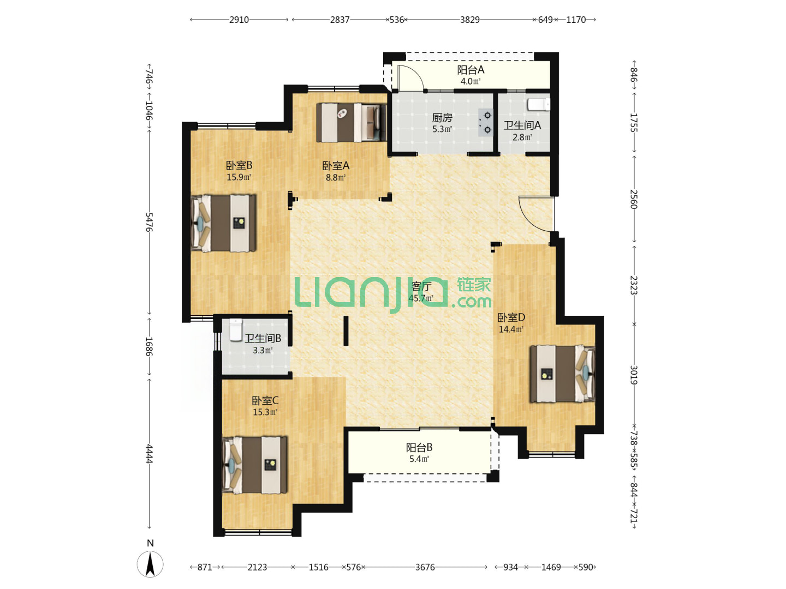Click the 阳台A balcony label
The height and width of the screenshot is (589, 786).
pyautogui.click(x=470, y=70)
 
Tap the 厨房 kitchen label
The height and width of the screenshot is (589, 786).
pyautogui.click(x=442, y=118)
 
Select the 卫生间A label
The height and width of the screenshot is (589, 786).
pyautogui.click(x=522, y=125)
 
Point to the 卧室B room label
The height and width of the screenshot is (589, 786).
pyautogui.click(x=239, y=165)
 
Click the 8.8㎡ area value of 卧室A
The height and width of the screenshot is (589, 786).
pyautogui.click(x=336, y=177)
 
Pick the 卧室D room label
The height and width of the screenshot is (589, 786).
pyautogui.click(x=511, y=317)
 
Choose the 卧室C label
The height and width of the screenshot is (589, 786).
pyautogui.click(x=265, y=400)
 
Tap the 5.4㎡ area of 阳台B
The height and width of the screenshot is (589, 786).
pyautogui.click(x=419, y=459)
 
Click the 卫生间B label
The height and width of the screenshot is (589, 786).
pyautogui.click(x=263, y=338)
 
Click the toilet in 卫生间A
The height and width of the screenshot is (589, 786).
pyautogui.click(x=538, y=104)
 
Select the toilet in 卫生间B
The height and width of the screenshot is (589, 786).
pyautogui.click(x=235, y=330)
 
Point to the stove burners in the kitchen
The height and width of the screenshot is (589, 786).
pyautogui.click(x=485, y=122)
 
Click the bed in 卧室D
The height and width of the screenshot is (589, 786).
pyautogui.click(x=562, y=374)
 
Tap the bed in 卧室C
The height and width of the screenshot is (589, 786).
pyautogui.click(x=254, y=465)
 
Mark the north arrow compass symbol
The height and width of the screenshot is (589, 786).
pyautogui.click(x=150, y=564)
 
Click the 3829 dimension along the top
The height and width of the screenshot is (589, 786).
pyautogui.click(x=469, y=20)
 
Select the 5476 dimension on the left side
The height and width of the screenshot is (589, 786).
pyautogui.click(x=150, y=222)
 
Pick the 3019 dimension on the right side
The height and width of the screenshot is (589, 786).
pyautogui.click(x=634, y=375)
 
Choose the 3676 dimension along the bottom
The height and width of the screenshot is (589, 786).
pyautogui.click(x=425, y=567)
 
